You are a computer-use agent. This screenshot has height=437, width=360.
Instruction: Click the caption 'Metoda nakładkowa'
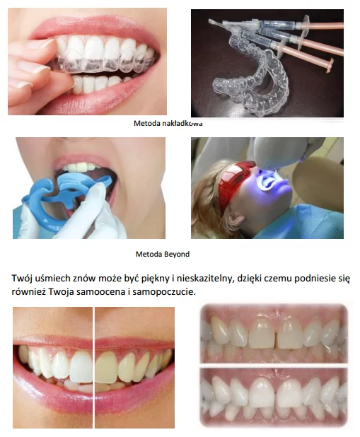(x=168, y=123)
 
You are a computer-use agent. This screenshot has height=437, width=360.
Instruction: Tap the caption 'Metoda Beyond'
(x=163, y=254)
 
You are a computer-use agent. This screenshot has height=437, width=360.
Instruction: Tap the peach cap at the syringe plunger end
(x=330, y=64)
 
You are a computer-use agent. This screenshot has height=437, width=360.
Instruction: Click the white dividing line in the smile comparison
(x=93, y=367)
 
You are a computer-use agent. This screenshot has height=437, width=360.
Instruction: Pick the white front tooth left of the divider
(x=81, y=366)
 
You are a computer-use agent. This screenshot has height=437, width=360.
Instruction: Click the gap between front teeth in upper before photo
(x=276, y=336)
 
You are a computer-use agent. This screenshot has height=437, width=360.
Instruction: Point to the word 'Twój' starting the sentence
(x=21, y=279)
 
